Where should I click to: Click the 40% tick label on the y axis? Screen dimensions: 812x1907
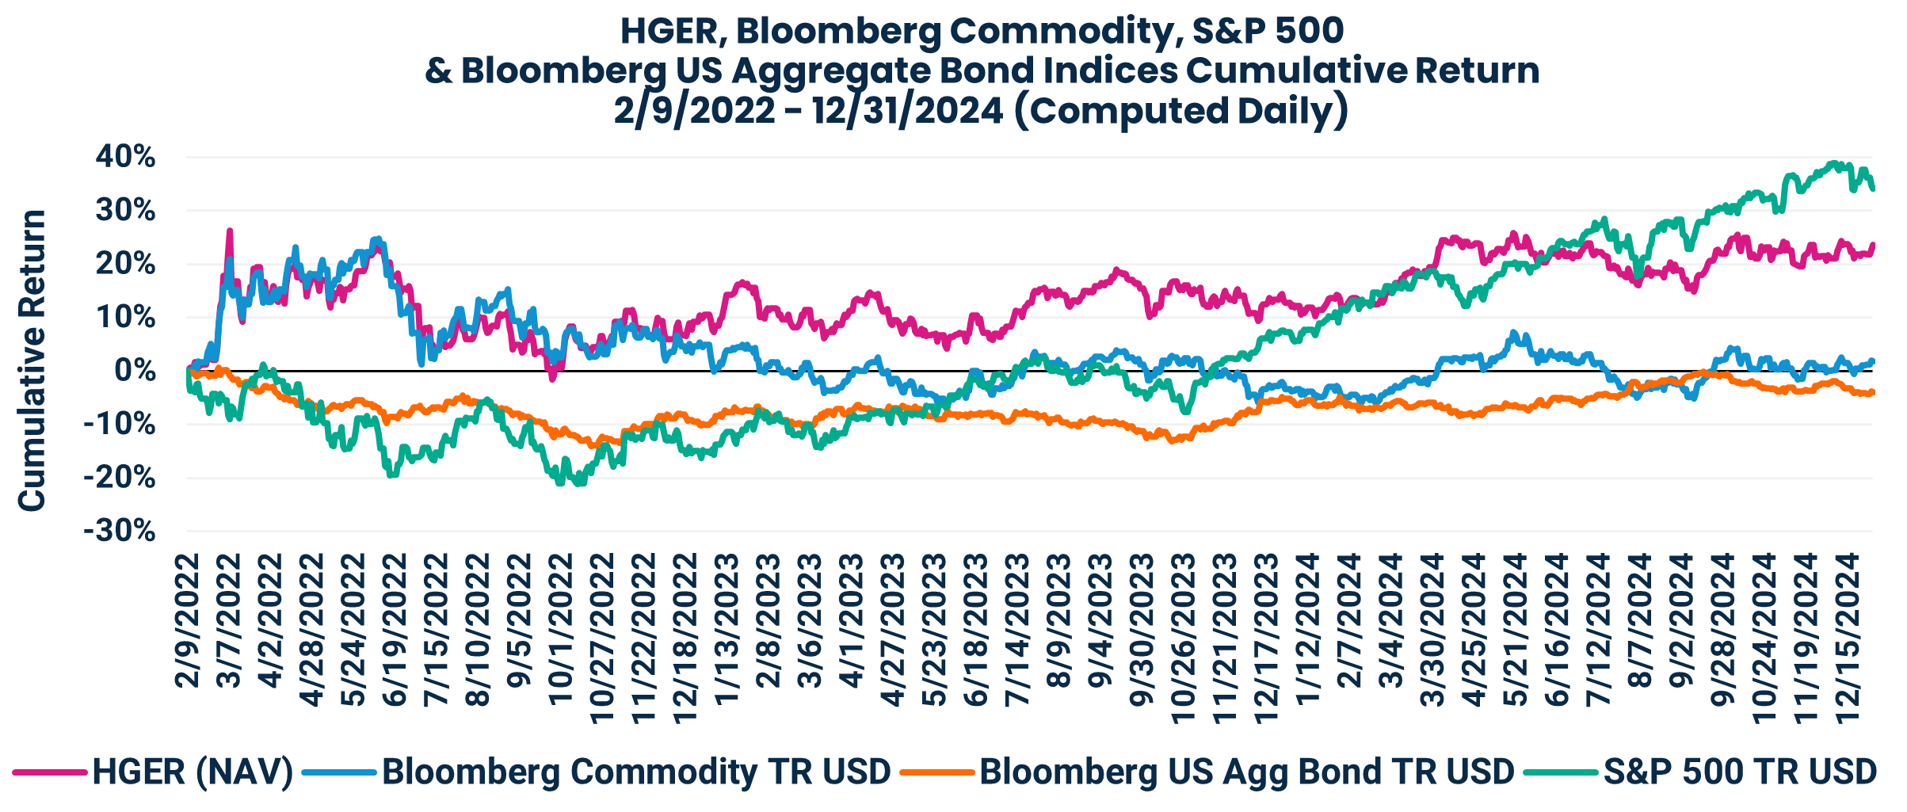click(x=125, y=157)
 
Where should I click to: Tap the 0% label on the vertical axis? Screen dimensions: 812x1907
click(x=134, y=371)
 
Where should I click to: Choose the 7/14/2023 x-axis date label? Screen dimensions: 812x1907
click(x=1017, y=629)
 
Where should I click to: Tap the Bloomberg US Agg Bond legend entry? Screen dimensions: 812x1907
click(x=1245, y=771)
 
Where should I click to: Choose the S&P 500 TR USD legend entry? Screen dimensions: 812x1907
click(x=1739, y=771)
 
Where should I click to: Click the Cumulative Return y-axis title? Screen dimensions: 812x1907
click(x=32, y=360)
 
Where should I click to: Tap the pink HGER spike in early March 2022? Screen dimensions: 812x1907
click(x=230, y=231)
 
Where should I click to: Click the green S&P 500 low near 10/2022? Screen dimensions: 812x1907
click(x=562, y=483)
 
